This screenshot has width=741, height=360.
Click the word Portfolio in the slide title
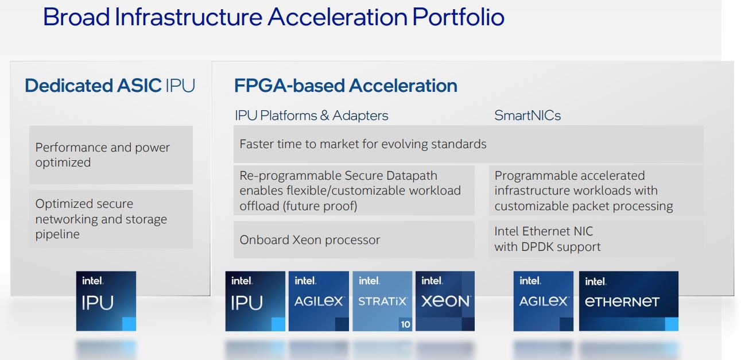tap(458, 17)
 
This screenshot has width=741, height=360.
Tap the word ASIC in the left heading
tap(139, 86)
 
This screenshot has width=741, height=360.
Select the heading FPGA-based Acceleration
tap(346, 86)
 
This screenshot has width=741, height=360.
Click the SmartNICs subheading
tap(527, 115)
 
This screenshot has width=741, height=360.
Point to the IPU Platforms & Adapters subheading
tap(312, 115)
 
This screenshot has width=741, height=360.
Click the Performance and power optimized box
tap(111, 155)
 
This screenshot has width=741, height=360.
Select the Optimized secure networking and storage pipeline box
tap(111, 219)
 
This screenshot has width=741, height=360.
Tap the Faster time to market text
tap(363, 144)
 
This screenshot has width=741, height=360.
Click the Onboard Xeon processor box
tap(354, 239)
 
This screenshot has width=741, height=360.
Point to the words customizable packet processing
tap(584, 206)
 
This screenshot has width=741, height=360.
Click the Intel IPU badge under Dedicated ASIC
tap(106, 301)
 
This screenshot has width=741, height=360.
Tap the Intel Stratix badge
tap(382, 301)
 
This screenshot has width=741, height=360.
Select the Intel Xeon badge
tap(445, 301)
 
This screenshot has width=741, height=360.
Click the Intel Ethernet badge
tap(629, 301)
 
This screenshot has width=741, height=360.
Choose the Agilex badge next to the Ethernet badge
tap(543, 301)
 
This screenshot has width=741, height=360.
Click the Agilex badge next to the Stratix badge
tap(319, 301)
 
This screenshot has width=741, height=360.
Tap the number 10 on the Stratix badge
tap(406, 324)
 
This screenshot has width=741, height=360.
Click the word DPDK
tap(538, 247)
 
